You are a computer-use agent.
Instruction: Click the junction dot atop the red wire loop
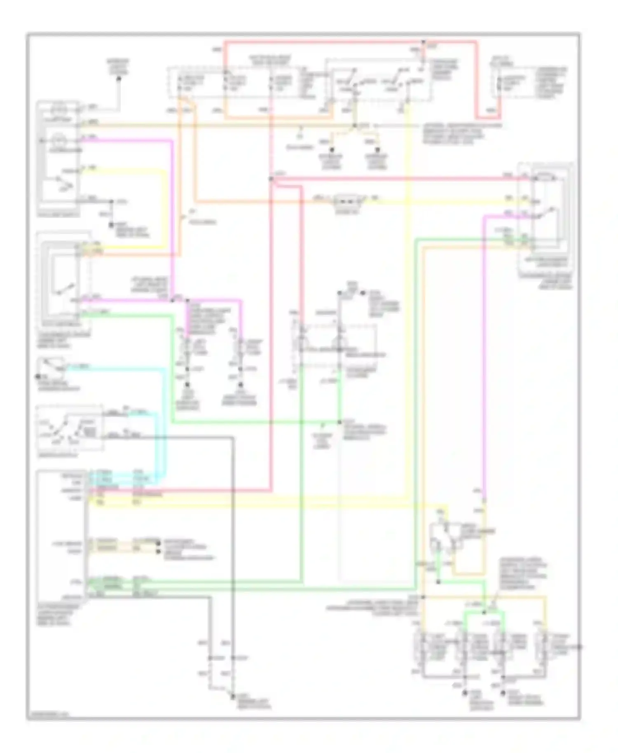coord(424,42)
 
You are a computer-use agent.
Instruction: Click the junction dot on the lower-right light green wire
coord(438,582)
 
